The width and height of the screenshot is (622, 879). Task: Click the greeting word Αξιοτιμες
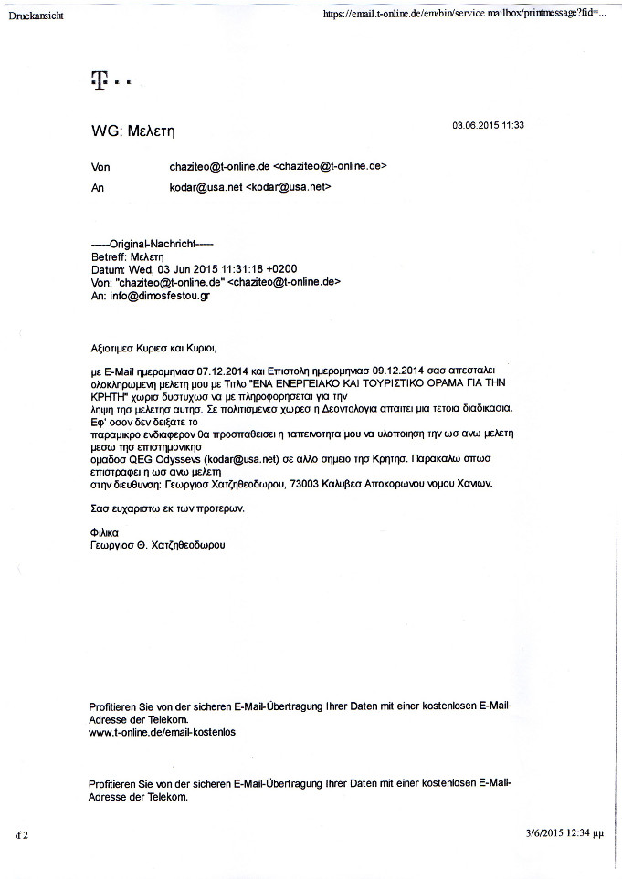point(114,348)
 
